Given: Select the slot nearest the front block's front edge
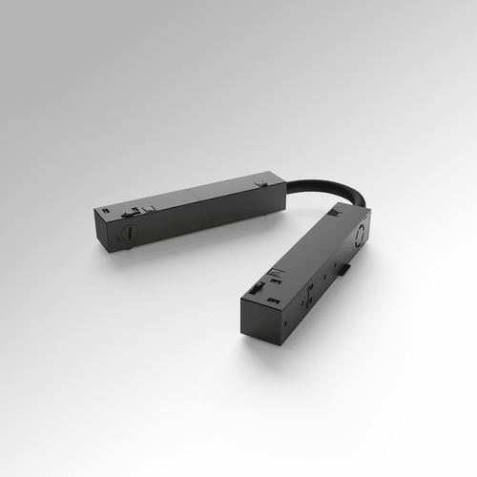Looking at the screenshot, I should click(245, 295).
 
